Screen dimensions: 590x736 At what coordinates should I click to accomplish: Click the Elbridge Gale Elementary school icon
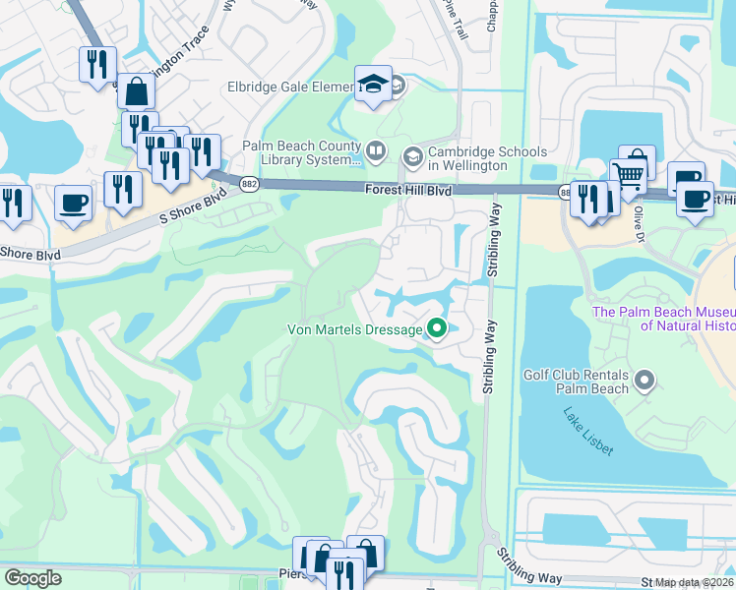pyautogui.click(x=373, y=84)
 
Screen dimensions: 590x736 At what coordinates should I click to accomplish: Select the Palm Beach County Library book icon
pyautogui.click(x=375, y=151)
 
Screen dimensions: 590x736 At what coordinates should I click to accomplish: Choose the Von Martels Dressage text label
pyautogui.click(x=354, y=329)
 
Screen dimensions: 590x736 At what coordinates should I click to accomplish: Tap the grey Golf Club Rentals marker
pyautogui.click(x=644, y=379)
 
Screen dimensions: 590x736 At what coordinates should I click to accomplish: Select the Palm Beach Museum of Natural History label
pyautogui.click(x=663, y=319)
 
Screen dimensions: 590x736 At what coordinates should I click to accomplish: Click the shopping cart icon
pyautogui.click(x=628, y=178)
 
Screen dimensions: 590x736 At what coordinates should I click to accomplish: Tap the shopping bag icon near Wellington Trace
pyautogui.click(x=137, y=92)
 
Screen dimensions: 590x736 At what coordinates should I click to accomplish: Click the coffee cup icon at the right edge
pyautogui.click(x=696, y=197)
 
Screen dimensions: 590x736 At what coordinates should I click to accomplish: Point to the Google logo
pyautogui.click(x=32, y=578)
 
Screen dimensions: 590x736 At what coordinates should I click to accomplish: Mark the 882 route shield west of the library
pyautogui.click(x=250, y=184)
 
